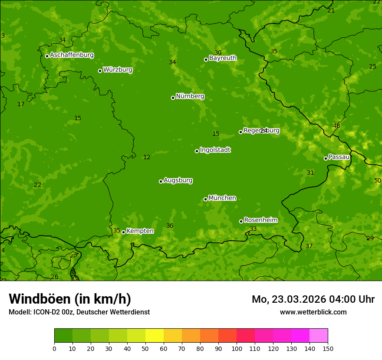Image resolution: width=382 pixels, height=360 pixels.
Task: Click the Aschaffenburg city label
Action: click(x=72, y=55)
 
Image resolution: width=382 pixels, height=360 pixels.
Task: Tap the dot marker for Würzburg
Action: click(x=100, y=71)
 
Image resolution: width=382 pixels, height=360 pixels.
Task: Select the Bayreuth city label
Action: click(x=223, y=58)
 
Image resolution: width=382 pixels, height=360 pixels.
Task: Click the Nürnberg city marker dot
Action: click(x=173, y=98)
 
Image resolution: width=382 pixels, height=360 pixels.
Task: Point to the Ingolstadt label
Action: click(x=215, y=150)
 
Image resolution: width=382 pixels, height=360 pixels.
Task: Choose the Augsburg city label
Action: click(x=178, y=180)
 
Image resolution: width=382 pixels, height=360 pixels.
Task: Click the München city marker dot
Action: click(x=205, y=199)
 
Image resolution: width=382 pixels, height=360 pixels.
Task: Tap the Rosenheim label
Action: click(x=260, y=220)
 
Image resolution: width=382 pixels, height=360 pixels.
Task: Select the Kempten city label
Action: click(x=140, y=231)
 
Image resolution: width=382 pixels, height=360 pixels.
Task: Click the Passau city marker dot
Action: click(x=326, y=158)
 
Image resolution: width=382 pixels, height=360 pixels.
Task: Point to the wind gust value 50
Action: click(x=378, y=180)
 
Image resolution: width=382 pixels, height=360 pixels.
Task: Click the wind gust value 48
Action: click(x=336, y=126)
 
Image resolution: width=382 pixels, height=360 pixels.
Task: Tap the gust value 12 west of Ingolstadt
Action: click(x=147, y=157)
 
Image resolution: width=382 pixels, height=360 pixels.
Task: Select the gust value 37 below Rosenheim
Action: click(x=309, y=246)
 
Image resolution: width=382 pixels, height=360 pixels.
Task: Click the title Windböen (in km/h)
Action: click(x=70, y=299)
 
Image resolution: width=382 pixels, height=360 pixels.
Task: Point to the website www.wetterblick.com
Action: click(x=313, y=312)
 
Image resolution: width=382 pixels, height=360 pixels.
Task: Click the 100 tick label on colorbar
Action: click(x=237, y=348)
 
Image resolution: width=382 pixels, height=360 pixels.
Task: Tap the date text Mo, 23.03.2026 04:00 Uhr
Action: click(x=313, y=299)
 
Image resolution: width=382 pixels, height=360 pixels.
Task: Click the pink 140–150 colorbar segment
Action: click(x=319, y=336)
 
